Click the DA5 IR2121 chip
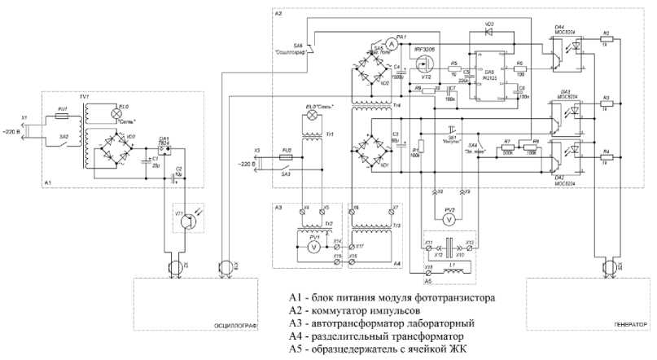tap(488, 74)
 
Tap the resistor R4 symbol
tap(605, 157)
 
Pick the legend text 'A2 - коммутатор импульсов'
tap(353, 311)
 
